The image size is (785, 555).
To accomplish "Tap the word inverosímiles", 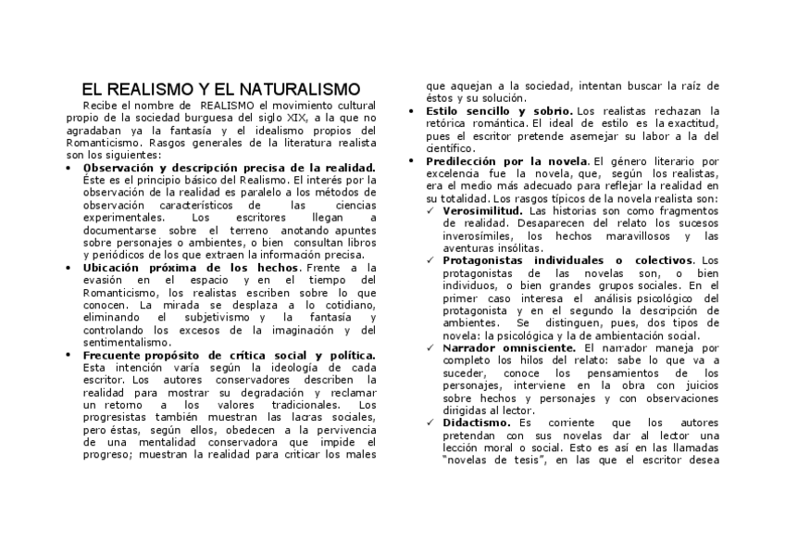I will pos(482,236).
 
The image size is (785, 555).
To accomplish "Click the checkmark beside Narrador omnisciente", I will pos(431,348).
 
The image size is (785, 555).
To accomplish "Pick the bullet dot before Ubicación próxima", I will pos(72,269).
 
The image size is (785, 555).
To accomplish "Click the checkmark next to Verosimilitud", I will pos(431,211).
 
